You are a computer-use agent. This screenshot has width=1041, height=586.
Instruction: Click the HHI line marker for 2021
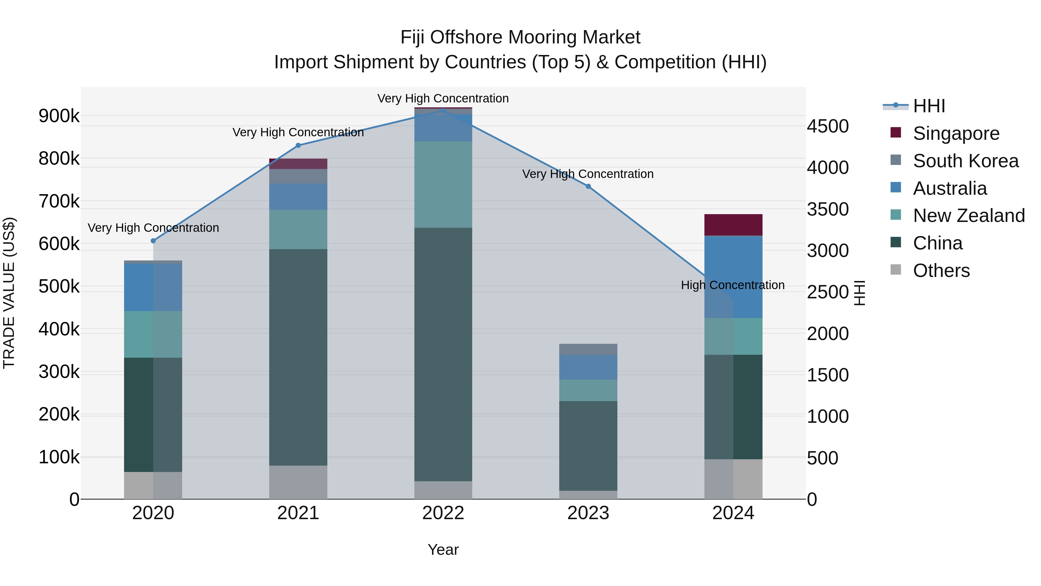pyautogui.click(x=298, y=146)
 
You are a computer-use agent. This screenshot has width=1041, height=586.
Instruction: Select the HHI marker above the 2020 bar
pyautogui.click(x=153, y=241)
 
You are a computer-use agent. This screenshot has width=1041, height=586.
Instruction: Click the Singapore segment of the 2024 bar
pyautogui.click(x=733, y=225)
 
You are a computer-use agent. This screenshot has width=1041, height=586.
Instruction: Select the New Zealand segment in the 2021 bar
pyautogui.click(x=298, y=229)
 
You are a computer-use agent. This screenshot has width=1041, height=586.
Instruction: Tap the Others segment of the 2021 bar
pyautogui.click(x=298, y=482)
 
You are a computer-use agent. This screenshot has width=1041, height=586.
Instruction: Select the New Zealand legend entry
pyautogui.click(x=969, y=216)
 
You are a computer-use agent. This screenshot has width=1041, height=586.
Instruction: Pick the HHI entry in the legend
pyautogui.click(x=929, y=106)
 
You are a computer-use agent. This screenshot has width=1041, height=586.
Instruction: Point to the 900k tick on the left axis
pyautogui.click(x=59, y=116)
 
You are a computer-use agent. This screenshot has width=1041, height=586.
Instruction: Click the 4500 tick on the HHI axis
pyautogui.click(x=828, y=126)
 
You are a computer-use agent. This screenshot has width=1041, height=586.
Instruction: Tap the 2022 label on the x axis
pyautogui.click(x=443, y=513)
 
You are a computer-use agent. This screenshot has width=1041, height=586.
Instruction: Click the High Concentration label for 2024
pyautogui.click(x=733, y=285)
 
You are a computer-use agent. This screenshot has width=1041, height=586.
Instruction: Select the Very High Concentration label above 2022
pyautogui.click(x=443, y=98)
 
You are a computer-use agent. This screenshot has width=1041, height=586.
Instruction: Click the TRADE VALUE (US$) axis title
pyautogui.click(x=9, y=293)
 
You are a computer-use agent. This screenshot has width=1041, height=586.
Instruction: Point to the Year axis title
pyautogui.click(x=443, y=550)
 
